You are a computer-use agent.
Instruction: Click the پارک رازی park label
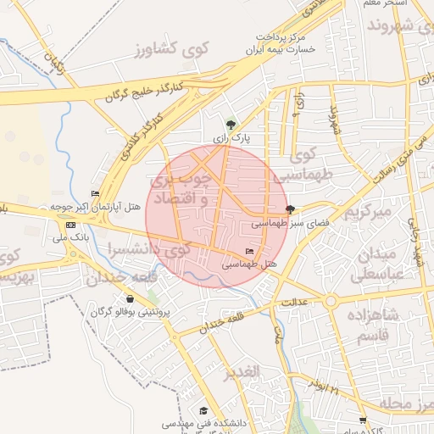tap(231, 136)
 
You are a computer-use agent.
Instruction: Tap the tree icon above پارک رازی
tap(231, 124)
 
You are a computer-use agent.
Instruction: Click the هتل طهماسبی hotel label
tap(250, 264)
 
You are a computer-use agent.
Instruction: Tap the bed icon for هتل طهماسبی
tap(249, 252)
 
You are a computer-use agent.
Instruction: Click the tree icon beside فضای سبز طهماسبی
tap(291, 209)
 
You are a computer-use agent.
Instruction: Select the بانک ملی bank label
tap(70, 238)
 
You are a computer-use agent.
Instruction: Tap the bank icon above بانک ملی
tap(70, 225)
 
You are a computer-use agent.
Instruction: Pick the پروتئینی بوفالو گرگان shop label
tap(131, 313)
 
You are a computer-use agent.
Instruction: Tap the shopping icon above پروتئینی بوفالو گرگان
tap(130, 299)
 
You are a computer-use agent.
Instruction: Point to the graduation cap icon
tap(203, 409)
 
